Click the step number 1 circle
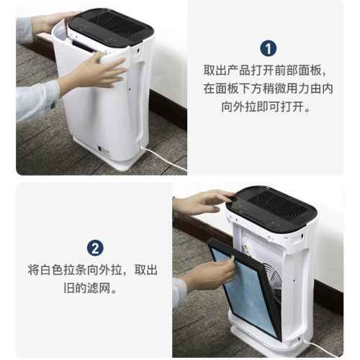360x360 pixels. tap(268, 48)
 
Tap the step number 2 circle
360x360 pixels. tap(95, 248)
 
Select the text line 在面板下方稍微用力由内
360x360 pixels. tap(268, 90)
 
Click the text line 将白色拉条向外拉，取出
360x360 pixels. tap(94, 271)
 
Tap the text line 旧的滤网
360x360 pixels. tap(94, 289)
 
